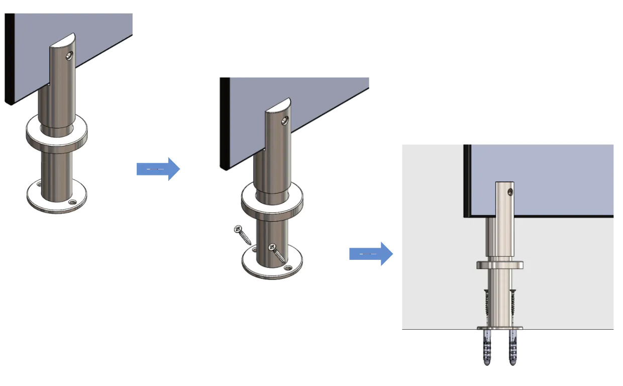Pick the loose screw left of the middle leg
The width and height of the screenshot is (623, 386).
click(244, 235)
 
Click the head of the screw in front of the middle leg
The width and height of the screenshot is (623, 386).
click(272, 247)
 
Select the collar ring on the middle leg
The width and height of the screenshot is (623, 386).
click(272, 199)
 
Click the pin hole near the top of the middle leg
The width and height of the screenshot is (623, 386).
click(285, 121)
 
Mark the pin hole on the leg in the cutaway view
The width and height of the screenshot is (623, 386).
click(510, 191)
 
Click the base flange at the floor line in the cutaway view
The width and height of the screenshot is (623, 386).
click(500, 328)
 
